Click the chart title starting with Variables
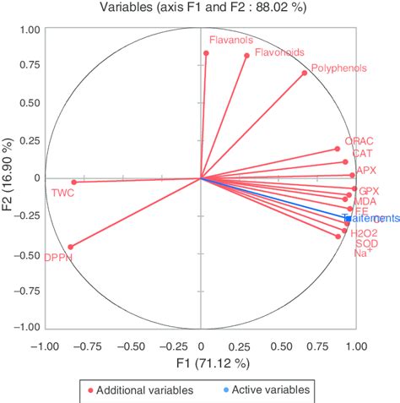point(200,9)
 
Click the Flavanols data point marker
point(206,53)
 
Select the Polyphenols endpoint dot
point(305,73)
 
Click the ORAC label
point(359,141)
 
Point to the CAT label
point(362,154)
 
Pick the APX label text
point(367,170)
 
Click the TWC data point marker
point(73,182)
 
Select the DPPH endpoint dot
point(70,247)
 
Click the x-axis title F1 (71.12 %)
point(200,362)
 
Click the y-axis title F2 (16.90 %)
point(9,178)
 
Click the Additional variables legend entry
point(140,389)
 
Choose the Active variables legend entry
point(265,389)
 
